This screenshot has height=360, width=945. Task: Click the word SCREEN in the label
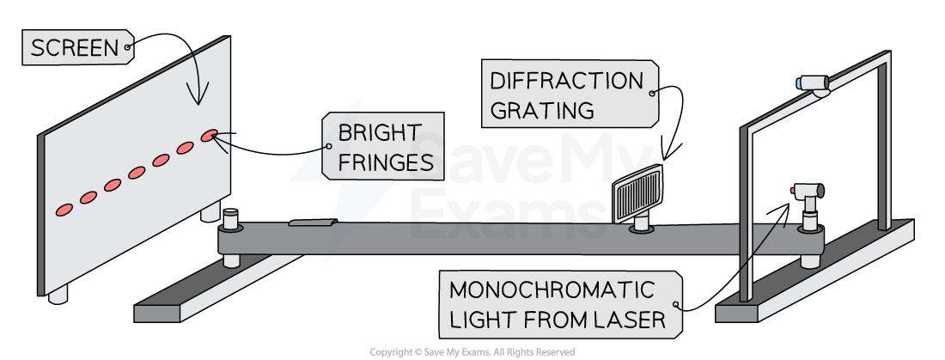[x=75, y=49]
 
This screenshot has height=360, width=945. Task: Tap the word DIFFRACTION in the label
[x=566, y=81]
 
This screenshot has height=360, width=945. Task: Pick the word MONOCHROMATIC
[x=552, y=290]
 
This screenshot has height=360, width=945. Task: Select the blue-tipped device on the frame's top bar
[x=814, y=83]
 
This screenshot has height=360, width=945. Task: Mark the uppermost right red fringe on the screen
[x=210, y=136]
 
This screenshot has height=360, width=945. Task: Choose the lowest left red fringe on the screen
[x=64, y=209]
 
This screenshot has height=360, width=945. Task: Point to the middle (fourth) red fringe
[x=137, y=173]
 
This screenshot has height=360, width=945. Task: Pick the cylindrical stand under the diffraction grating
[x=641, y=224]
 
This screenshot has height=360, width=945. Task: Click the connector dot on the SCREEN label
[x=128, y=49]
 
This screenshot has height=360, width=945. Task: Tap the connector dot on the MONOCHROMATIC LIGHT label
[x=677, y=305]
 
